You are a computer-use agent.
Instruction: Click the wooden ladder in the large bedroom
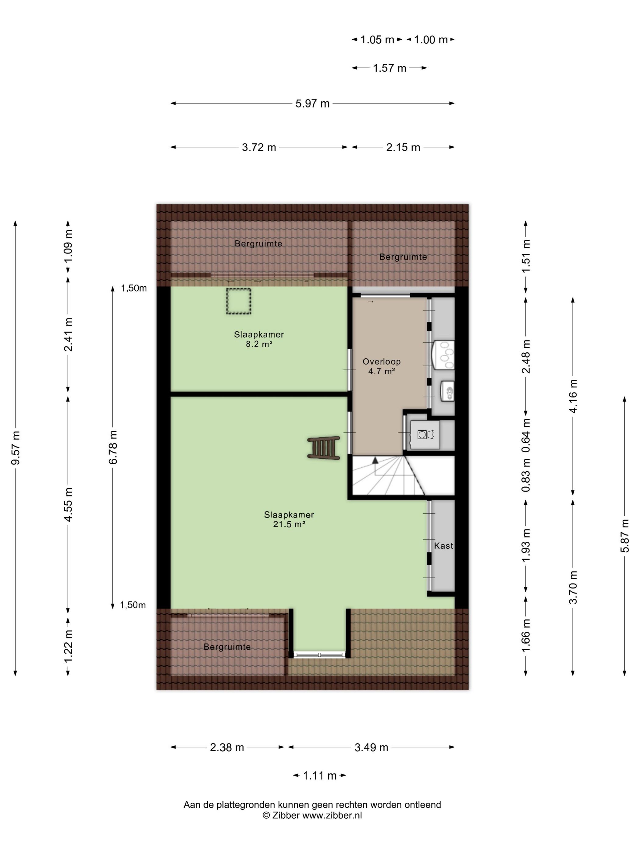point(323,448)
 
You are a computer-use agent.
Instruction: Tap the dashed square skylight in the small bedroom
point(238,301)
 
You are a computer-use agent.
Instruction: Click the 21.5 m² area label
point(289,524)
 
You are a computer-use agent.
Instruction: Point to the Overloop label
point(382,361)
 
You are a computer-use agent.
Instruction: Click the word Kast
point(443,546)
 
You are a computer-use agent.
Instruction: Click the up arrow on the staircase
point(375,460)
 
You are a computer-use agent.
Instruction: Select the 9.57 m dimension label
point(16,448)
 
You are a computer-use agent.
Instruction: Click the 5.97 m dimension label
point(312,103)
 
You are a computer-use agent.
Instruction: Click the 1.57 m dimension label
point(389,68)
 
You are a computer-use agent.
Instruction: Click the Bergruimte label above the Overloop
point(403,257)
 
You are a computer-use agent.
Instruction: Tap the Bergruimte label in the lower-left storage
point(227,647)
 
